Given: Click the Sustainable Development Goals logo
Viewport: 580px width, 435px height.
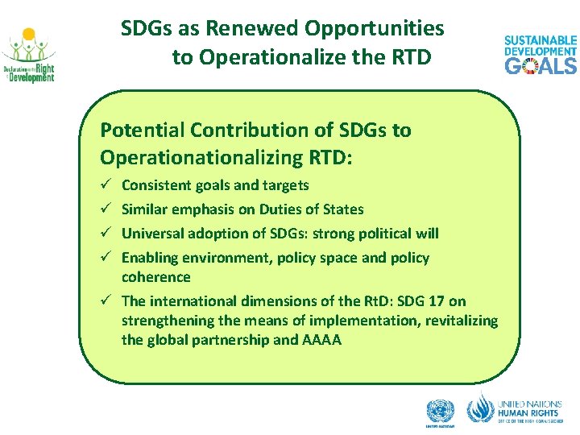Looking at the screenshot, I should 541,55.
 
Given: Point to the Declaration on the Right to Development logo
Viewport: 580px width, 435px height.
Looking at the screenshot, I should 28,56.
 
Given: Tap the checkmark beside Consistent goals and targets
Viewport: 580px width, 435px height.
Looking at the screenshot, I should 106,185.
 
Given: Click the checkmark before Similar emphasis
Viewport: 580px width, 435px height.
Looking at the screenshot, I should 106,209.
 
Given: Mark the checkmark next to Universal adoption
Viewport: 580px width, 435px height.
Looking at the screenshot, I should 106,234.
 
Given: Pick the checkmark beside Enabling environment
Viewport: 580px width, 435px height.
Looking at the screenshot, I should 106,258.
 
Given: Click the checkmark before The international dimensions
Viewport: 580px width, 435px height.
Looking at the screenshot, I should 106,301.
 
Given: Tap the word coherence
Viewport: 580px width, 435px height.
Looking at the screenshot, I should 156,277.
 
